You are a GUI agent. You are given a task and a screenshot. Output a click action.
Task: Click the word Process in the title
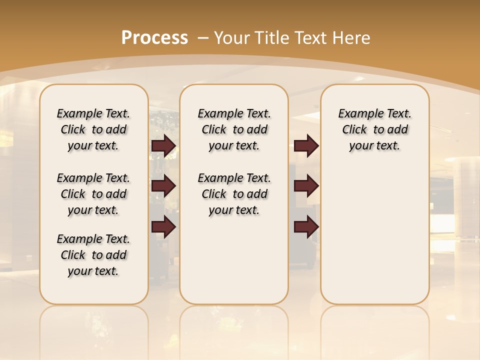click(154, 37)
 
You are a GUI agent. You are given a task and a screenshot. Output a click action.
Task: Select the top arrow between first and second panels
click(163, 146)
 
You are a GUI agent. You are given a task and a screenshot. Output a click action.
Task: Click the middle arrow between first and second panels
click(163, 186)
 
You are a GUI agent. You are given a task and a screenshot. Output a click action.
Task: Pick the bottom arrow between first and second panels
click(163, 227)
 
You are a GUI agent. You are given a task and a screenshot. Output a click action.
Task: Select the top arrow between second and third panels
click(306, 146)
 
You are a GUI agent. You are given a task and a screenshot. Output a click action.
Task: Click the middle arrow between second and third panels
click(306, 186)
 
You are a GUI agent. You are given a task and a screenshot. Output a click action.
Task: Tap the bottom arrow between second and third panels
click(306, 227)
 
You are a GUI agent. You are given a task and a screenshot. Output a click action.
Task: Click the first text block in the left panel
click(93, 129)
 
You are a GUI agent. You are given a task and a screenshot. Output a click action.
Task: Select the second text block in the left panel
click(93, 194)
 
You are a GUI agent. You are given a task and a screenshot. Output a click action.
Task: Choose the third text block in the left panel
click(93, 255)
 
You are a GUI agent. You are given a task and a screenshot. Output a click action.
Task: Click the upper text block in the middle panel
click(234, 129)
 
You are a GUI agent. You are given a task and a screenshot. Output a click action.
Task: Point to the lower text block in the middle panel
click(234, 194)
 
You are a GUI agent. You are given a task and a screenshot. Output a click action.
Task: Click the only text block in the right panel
click(374, 129)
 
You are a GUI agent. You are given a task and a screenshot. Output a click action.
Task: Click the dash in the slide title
click(203, 37)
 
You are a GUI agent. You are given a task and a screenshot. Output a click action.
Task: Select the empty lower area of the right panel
click(374, 235)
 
